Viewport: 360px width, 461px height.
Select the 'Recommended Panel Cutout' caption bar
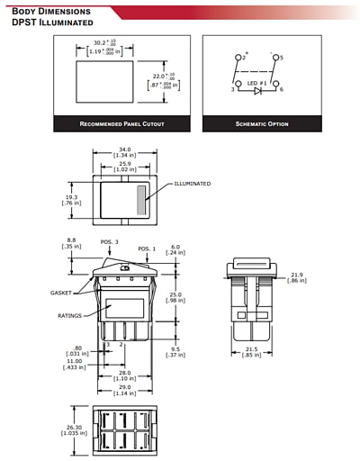coord(121,123)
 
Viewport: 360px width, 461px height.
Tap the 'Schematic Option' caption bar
coord(262,123)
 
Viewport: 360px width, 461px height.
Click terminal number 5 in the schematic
coord(279,57)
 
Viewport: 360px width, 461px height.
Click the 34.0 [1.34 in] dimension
coord(124,153)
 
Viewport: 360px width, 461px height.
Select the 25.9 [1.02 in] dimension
coord(124,166)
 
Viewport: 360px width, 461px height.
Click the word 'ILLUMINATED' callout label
coord(192,184)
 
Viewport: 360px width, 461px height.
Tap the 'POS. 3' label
coord(110,241)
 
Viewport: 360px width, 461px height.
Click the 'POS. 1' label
coord(147,248)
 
